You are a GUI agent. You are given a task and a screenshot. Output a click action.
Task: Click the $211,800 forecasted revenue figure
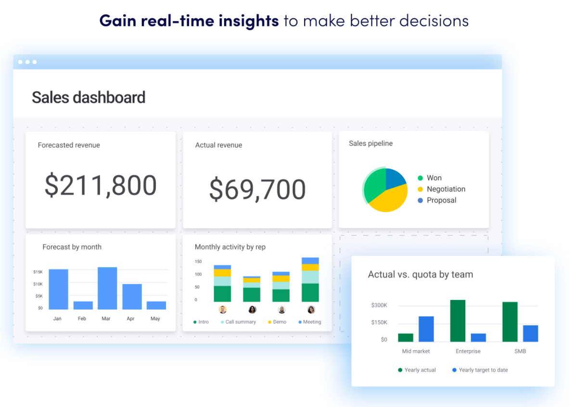(101, 185)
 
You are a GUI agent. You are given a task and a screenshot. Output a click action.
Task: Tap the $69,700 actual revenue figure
(257, 189)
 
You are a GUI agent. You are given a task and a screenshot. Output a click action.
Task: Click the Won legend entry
(434, 178)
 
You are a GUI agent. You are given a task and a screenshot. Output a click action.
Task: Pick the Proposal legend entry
(441, 200)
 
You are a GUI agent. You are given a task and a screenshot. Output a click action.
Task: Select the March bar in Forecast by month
(107, 288)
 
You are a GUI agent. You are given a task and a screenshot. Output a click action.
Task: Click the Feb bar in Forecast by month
(83, 305)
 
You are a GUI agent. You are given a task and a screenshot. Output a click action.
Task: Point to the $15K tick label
(38, 272)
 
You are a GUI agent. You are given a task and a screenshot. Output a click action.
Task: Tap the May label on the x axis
(155, 318)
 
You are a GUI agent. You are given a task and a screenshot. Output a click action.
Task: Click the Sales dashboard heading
(89, 97)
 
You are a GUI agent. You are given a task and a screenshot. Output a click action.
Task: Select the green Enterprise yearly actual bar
(457, 321)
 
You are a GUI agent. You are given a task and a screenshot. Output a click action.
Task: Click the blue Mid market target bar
(426, 329)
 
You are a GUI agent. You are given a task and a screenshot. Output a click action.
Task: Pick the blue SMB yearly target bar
(530, 333)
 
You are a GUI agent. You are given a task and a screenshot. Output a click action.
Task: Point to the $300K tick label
(379, 305)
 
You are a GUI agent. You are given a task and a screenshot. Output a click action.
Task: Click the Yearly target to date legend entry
(483, 370)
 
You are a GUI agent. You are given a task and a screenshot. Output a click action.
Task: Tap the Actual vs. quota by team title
(420, 275)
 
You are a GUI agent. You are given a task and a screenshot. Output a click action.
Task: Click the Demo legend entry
(279, 322)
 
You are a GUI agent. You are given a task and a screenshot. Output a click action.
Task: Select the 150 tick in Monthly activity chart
(198, 262)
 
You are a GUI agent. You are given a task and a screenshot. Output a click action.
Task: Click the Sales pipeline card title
(370, 144)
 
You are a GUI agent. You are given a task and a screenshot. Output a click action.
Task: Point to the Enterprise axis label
(468, 351)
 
